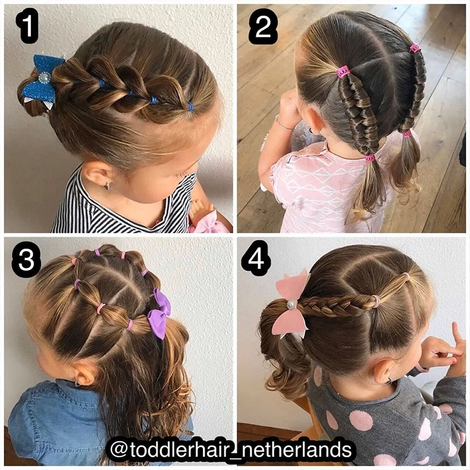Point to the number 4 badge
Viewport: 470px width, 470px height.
click(256, 258)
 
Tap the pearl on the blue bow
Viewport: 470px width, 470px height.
click(44, 78)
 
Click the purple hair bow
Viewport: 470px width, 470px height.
click(159, 313)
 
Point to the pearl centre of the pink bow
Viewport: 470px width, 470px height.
click(291, 305)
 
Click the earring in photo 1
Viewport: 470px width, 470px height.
click(107, 186)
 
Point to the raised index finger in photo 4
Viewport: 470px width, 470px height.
click(457, 334)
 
